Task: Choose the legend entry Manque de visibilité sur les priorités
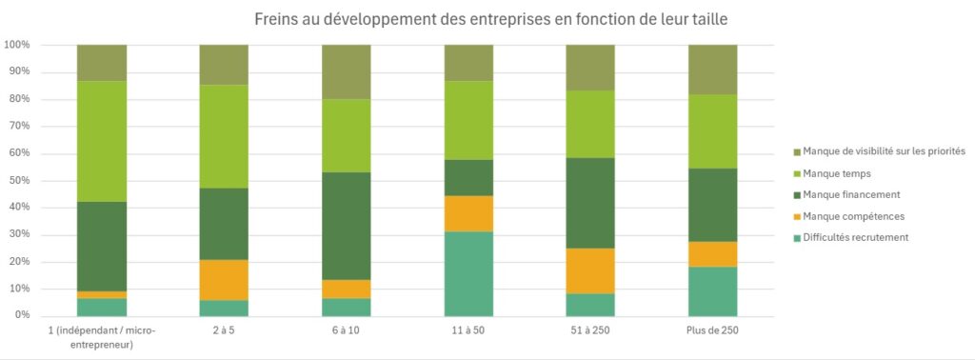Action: click(x=884, y=150)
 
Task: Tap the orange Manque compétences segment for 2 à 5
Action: click(x=224, y=280)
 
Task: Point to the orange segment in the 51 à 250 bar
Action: click(x=591, y=270)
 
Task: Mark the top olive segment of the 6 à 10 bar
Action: click(x=347, y=71)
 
